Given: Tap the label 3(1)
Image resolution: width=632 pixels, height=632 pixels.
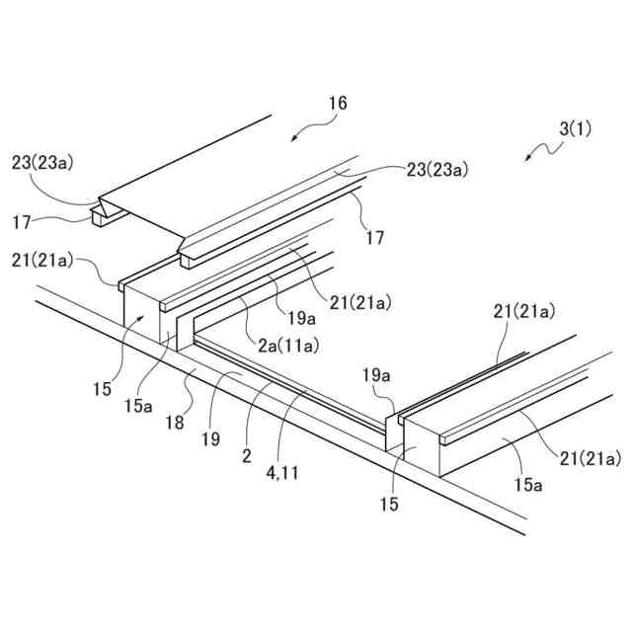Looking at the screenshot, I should pos(575,128).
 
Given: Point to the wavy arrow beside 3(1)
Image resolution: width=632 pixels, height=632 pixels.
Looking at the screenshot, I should pos(541,151).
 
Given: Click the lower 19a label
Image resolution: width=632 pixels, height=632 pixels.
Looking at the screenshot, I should pos(378,375).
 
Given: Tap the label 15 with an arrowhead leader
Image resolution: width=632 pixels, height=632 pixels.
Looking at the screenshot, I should pos(103,389).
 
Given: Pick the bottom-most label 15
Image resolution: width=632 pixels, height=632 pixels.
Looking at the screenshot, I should pos(390,505).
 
